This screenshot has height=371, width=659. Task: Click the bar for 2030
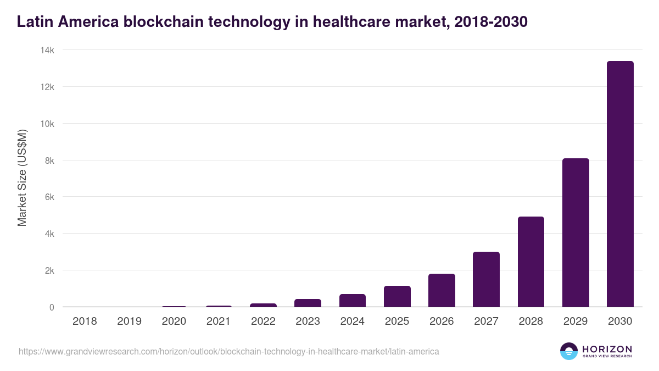pyautogui.click(x=620, y=184)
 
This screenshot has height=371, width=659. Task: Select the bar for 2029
pyautogui.click(x=576, y=232)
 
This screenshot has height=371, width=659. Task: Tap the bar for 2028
pyautogui.click(x=531, y=262)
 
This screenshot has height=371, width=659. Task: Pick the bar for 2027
pyautogui.click(x=486, y=279)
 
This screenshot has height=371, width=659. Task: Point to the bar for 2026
pyautogui.click(x=442, y=290)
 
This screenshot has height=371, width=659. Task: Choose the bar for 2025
pyautogui.click(x=397, y=296)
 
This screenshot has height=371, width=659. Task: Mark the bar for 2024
pyautogui.click(x=353, y=301)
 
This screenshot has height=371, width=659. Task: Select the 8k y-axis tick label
pyautogui.click(x=49, y=160)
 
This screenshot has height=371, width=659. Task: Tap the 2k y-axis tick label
pyautogui.click(x=49, y=270)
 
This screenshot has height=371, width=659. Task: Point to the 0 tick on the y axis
pyautogui.click(x=52, y=307)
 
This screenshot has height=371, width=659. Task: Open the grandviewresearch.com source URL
pyautogui.click(x=229, y=351)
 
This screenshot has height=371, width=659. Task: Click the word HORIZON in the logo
pyautogui.click(x=607, y=348)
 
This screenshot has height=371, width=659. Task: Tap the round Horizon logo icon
pyautogui.click(x=569, y=351)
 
